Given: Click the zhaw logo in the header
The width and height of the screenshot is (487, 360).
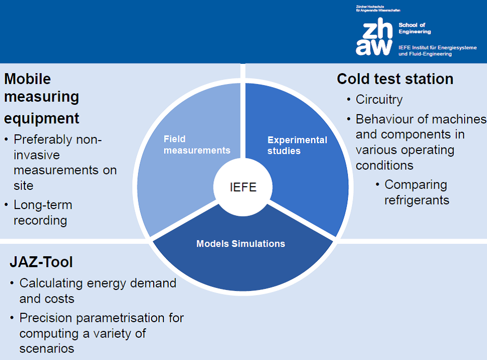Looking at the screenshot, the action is [374, 37].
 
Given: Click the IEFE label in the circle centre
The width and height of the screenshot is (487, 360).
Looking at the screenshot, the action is [243, 187].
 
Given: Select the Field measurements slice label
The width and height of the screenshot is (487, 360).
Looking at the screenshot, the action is [197, 145].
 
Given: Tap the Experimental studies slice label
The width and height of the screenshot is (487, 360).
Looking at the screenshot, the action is [297, 145].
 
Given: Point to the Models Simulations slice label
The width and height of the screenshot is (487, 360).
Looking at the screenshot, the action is [241, 244].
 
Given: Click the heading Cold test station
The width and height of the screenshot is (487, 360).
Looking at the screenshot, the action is [395, 79].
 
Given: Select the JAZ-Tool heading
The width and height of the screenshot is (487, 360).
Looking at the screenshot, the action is [41, 262].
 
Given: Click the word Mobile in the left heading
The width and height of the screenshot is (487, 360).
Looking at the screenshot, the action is [28, 79].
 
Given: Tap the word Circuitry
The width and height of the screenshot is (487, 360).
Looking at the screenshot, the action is [379, 100].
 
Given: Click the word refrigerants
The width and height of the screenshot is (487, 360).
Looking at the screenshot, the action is [417, 200].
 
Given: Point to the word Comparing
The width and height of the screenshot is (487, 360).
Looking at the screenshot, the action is [416, 185].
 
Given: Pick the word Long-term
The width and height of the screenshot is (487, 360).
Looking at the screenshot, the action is [43, 205].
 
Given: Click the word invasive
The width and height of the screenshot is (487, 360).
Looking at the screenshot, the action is [37, 155].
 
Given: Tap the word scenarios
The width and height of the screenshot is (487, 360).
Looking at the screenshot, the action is [47, 349].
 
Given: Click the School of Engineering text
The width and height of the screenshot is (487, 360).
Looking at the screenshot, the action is [415, 28].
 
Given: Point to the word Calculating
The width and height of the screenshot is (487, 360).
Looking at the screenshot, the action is [51, 283].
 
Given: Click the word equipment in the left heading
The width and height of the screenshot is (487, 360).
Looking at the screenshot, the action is [42, 119].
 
